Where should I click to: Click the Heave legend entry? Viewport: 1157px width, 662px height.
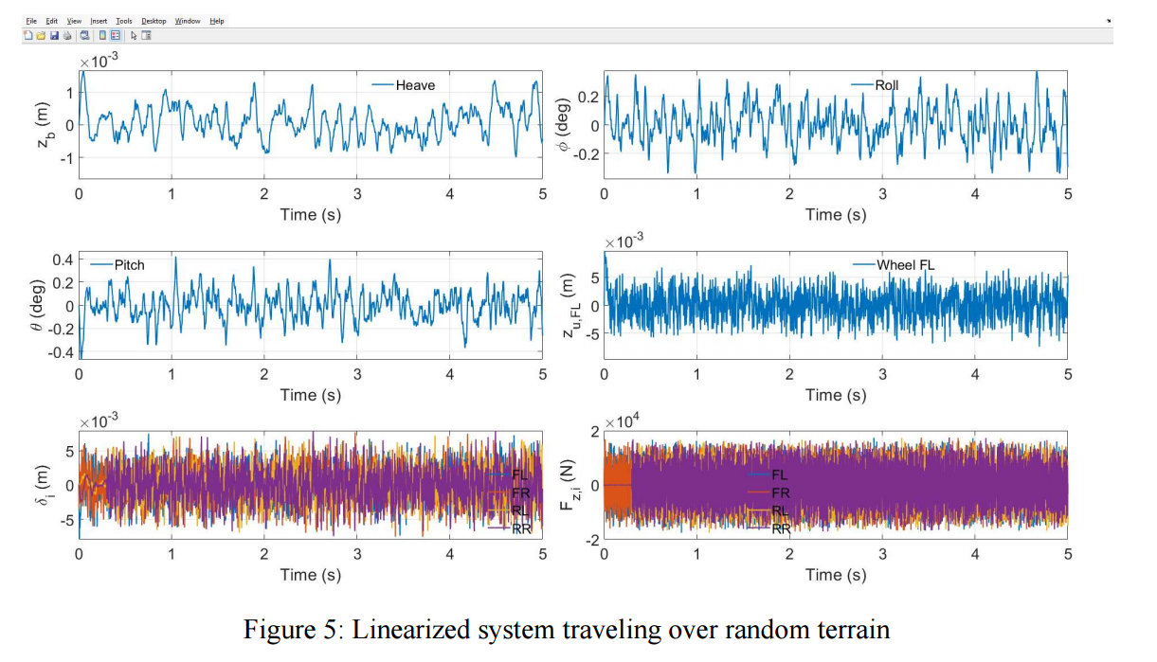tap(404, 85)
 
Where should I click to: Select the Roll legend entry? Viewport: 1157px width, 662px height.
tap(875, 85)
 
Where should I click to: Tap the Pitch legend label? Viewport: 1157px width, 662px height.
tap(118, 265)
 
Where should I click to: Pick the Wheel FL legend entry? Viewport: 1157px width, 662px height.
tap(894, 265)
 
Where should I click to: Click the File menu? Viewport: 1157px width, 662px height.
tap(31, 21)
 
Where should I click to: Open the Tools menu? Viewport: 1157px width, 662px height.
tap(124, 21)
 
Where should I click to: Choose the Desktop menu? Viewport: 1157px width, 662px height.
tap(154, 21)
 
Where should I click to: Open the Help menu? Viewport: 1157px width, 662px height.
tap(217, 21)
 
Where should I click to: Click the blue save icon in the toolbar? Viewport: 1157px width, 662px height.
tap(54, 36)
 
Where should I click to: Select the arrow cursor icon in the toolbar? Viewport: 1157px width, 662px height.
tap(134, 36)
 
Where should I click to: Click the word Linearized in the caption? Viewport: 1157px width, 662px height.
tap(409, 630)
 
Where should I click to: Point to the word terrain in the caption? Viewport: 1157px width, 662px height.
tap(852, 630)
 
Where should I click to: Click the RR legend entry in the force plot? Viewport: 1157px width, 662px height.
tap(769, 528)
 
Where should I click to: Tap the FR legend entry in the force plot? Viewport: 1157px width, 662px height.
tap(769, 492)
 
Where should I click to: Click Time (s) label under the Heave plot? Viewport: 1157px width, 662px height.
tap(311, 215)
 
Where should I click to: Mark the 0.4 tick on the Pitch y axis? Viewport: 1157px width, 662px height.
tap(63, 259)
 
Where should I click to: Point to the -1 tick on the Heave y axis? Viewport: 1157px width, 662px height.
tap(66, 158)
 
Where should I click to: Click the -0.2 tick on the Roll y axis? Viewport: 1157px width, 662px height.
tap(587, 154)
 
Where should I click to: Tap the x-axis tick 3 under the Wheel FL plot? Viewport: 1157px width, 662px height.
tap(882, 374)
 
